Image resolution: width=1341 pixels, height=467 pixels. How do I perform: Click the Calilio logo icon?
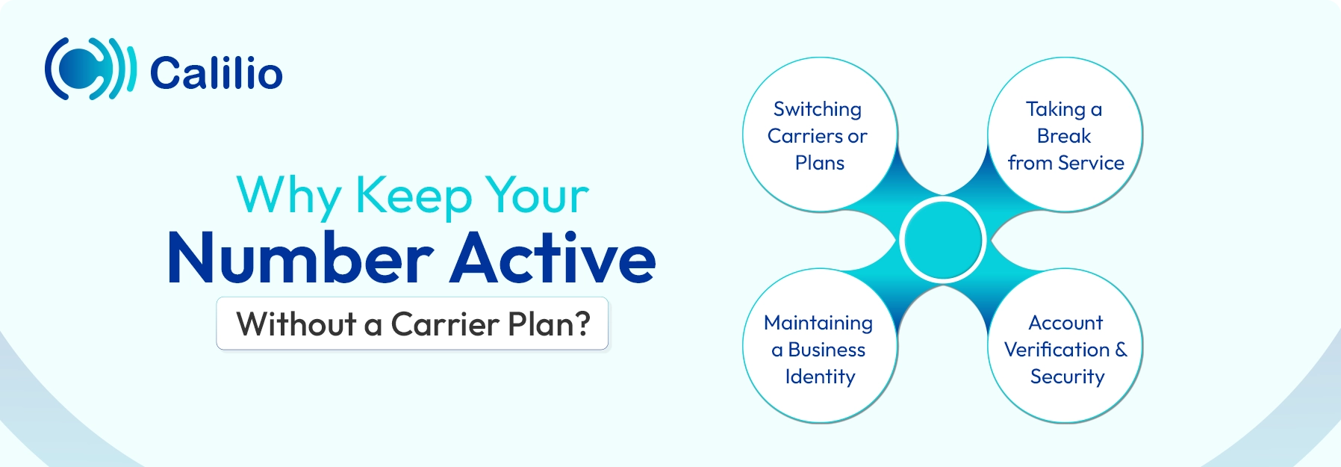(x=90, y=69)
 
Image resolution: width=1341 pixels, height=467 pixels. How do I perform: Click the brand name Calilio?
(x=217, y=73)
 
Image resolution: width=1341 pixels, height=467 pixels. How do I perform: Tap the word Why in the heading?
(x=288, y=196)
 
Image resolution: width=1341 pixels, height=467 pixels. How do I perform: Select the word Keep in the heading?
(x=414, y=196)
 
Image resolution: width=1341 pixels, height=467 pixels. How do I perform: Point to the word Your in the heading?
(x=537, y=196)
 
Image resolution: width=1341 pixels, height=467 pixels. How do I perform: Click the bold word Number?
(x=300, y=259)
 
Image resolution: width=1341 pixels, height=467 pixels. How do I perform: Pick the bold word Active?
(x=553, y=259)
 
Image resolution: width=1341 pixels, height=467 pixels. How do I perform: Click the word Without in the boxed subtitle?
(x=296, y=324)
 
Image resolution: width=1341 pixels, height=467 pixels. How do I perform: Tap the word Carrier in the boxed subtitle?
(x=445, y=324)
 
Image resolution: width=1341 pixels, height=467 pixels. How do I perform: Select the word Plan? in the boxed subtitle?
(x=549, y=324)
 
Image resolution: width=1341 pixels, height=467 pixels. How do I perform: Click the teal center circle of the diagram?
(x=943, y=240)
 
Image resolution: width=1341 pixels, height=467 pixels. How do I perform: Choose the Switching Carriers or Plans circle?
(x=819, y=135)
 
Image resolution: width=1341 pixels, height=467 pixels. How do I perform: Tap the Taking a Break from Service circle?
(x=1065, y=135)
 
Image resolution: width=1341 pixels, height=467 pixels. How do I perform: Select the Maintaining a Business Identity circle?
(x=819, y=347)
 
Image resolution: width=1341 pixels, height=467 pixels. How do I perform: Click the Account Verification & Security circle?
(x=1065, y=347)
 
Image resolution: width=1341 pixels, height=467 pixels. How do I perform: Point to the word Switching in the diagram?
(x=818, y=110)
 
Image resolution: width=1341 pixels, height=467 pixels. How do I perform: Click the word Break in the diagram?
(x=1064, y=136)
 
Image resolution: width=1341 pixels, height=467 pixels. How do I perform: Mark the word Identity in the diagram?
(x=820, y=377)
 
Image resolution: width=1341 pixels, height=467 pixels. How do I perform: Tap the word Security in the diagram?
(x=1067, y=377)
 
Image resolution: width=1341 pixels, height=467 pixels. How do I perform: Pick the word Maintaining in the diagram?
(x=818, y=323)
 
